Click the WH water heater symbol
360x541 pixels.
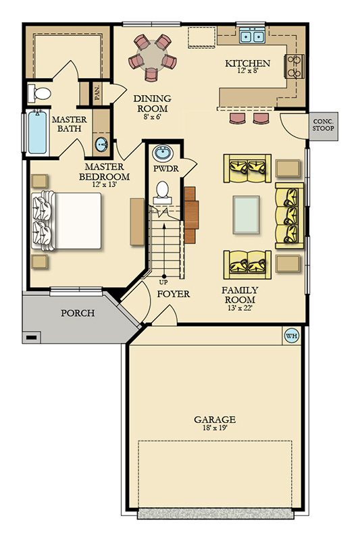pos(292,335)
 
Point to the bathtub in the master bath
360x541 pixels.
pos(36,132)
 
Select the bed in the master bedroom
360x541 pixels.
pos(66,221)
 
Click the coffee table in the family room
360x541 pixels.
pos(246,214)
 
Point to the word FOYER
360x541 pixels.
pos(173,294)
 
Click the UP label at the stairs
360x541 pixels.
pos(163,282)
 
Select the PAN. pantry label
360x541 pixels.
pos(97,93)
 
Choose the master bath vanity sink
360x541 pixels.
pos(101,143)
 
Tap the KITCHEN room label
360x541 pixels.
pos(247,63)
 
